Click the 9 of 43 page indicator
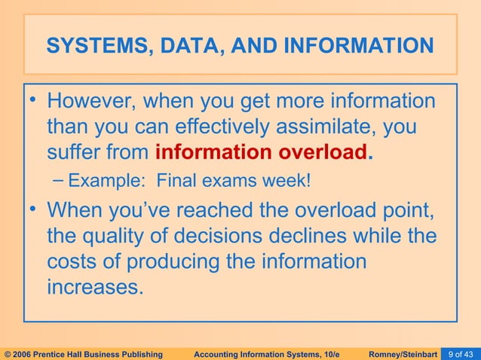pos(460,352)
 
